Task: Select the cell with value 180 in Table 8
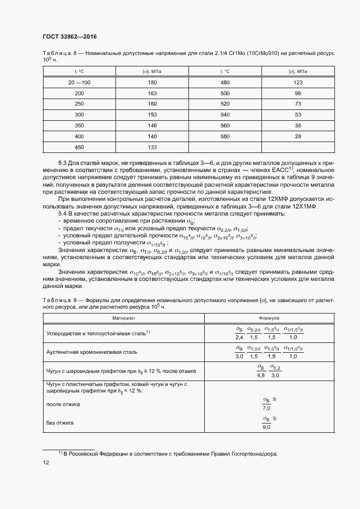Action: (152, 82)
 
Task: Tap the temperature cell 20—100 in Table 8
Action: (79, 82)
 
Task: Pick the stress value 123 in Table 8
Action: (298, 82)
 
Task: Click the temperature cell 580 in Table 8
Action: (225, 136)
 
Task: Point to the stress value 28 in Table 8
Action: (298, 136)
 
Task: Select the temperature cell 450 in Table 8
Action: (79, 147)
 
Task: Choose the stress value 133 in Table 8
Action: (152, 147)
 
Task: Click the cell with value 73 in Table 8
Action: (298, 104)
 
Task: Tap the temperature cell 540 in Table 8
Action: (225, 115)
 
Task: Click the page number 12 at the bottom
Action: (46, 462)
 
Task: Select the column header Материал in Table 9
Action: (124, 317)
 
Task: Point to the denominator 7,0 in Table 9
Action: (266, 407)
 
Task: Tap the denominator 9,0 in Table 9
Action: (266, 427)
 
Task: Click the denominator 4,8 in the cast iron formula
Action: (260, 376)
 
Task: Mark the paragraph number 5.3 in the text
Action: (63, 163)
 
